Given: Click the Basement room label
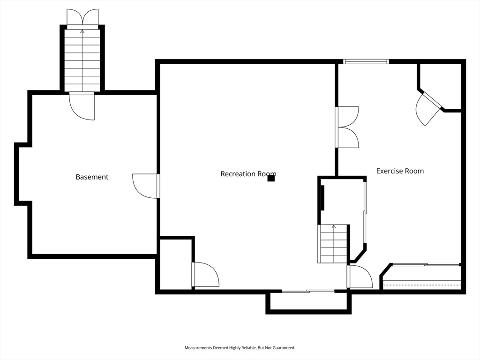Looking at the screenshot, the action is (92, 177).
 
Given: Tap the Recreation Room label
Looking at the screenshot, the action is (248, 174).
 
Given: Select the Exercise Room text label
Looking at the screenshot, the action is (400, 171).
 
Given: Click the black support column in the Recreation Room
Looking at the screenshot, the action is (271, 179).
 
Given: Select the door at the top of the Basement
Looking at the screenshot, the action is (82, 106).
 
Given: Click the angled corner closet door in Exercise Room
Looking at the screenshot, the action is (428, 108).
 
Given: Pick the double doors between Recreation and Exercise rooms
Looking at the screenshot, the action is (347, 127).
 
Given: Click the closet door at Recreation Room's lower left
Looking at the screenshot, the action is (205, 275).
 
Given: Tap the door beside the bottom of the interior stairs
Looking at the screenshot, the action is (360, 277).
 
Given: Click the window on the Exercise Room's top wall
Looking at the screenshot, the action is (366, 61).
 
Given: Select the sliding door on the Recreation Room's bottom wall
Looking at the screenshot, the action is (308, 291).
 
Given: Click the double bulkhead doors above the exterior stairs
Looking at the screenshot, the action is (82, 19).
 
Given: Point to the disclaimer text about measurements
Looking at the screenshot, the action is (240, 348).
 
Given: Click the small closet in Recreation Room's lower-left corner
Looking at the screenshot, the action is (176, 264).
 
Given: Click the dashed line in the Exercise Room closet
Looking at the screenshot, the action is (422, 285).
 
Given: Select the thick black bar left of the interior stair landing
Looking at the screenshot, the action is (322, 198).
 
